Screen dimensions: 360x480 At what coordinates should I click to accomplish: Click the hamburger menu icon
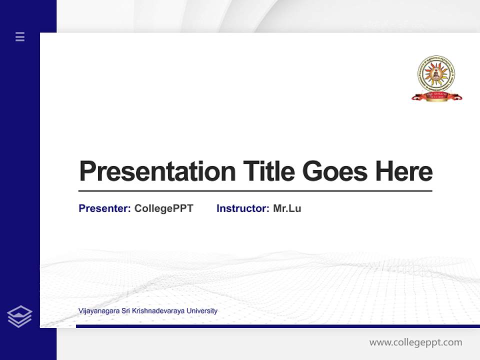click(x=20, y=36)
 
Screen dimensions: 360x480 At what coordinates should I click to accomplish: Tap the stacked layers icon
click(x=19, y=316)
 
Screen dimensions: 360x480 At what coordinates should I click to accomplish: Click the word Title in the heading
click(x=269, y=171)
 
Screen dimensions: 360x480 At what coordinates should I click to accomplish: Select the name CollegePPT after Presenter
click(x=163, y=208)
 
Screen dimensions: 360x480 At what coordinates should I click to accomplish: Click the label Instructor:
click(x=243, y=208)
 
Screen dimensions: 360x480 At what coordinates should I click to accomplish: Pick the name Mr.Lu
click(x=287, y=208)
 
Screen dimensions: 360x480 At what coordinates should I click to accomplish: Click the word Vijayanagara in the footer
click(x=98, y=311)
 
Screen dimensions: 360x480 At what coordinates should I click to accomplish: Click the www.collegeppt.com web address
click(x=415, y=342)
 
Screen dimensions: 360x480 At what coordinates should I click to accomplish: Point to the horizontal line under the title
click(x=255, y=191)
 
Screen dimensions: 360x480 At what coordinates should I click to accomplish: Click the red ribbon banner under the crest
click(x=436, y=96)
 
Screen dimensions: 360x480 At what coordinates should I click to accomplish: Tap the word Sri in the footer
click(x=124, y=311)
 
